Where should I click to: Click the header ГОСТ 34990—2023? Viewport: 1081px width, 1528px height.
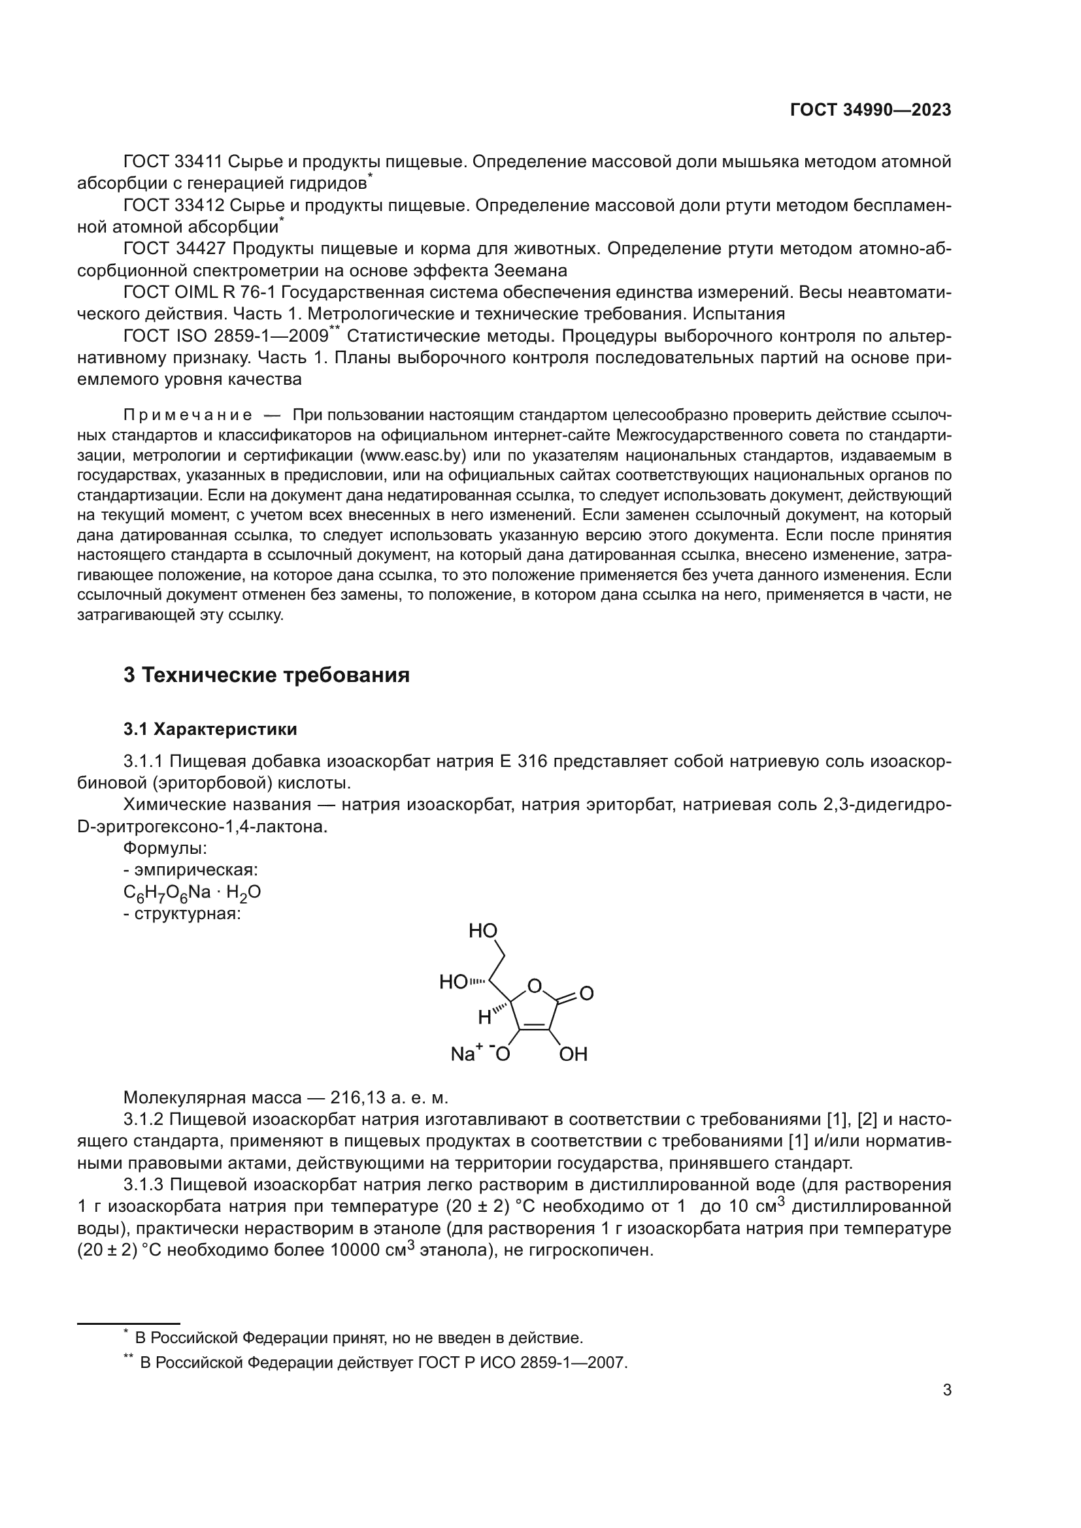point(870,110)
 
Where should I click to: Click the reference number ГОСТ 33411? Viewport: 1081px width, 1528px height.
point(175,162)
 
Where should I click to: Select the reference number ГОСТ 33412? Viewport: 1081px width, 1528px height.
point(175,206)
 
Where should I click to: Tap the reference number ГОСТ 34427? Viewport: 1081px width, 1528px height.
point(175,249)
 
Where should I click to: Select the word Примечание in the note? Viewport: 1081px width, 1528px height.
point(188,416)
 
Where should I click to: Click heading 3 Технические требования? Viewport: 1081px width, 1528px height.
point(266,675)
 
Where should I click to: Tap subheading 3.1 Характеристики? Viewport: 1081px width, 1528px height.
point(210,730)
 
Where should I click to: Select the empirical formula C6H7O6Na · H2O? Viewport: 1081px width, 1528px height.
point(191,893)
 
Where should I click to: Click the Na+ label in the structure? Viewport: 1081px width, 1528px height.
point(467,1054)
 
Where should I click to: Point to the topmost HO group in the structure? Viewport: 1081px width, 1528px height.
point(482,931)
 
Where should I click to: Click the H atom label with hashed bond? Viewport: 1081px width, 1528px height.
point(484,1017)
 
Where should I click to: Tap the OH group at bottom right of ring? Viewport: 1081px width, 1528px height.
point(573,1054)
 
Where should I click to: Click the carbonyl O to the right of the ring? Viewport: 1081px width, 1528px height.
point(586,994)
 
